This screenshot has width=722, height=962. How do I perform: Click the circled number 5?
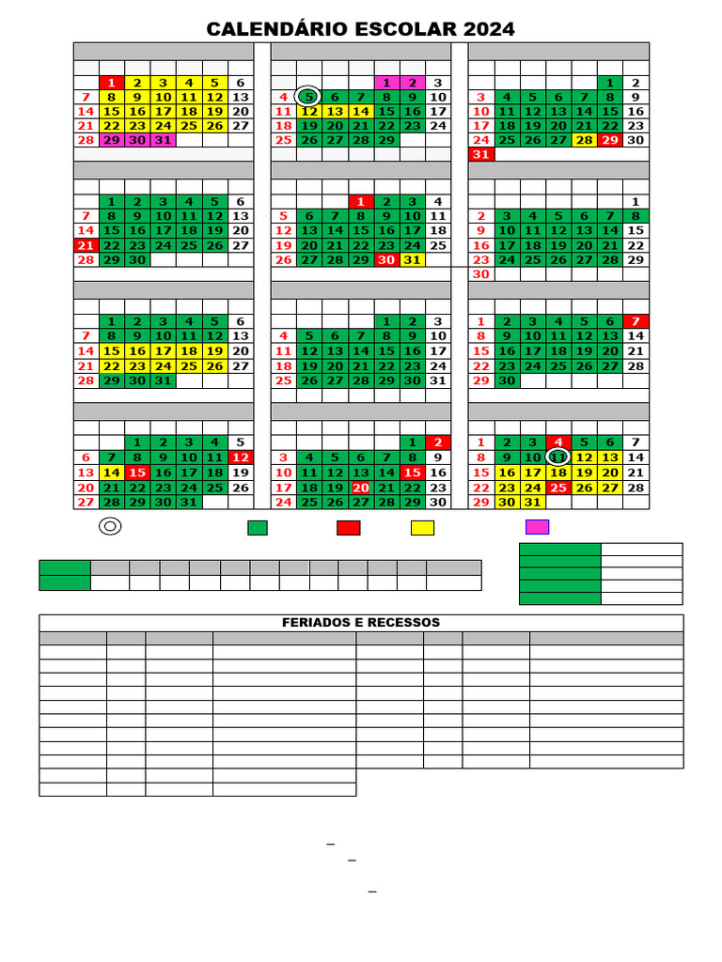307,97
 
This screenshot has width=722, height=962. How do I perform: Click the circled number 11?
557,458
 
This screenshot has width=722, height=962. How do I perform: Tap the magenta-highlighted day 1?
386,83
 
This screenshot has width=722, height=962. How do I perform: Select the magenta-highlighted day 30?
137,140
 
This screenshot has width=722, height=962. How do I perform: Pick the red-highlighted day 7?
636,321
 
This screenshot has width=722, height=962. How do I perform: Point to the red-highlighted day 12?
241,458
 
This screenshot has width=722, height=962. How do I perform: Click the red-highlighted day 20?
360,488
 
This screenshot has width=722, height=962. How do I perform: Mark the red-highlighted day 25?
557,488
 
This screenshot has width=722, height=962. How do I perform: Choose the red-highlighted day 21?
86,245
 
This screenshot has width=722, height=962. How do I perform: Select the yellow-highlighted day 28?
584,140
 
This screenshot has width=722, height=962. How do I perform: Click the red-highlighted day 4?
557,442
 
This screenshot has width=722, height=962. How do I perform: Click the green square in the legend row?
258,528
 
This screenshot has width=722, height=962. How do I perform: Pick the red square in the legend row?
348,528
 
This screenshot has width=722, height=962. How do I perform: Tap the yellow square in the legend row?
422,528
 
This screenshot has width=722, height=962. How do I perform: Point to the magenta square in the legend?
537,527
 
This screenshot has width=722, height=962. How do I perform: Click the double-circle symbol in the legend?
110,527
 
